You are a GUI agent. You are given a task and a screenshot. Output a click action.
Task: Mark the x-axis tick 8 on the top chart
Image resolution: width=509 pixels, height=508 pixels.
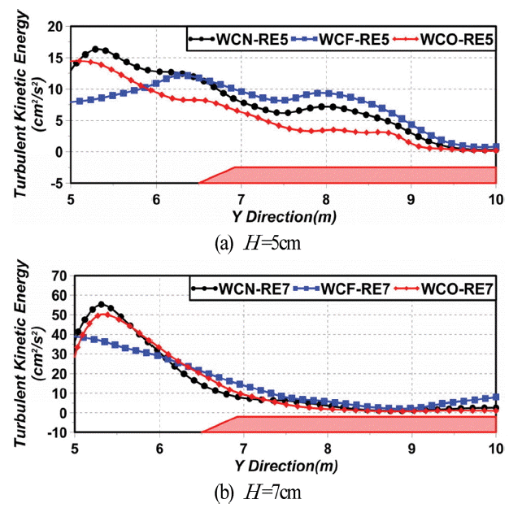click(326, 200)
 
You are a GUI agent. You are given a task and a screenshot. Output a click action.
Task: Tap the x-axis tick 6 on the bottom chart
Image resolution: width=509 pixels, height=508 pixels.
click(159, 448)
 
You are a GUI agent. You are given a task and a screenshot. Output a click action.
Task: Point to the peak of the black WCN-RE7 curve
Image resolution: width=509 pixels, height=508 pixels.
click(102, 305)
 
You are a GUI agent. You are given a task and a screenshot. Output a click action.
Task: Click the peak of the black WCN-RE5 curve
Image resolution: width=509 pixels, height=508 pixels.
click(96, 49)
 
